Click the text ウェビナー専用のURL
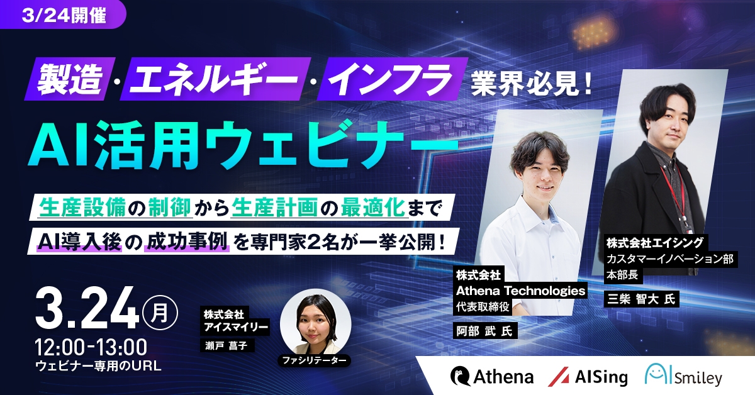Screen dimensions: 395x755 tap(99, 365)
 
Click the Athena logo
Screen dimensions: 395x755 tap(491, 376)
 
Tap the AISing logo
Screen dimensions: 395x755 tap(588, 376)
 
